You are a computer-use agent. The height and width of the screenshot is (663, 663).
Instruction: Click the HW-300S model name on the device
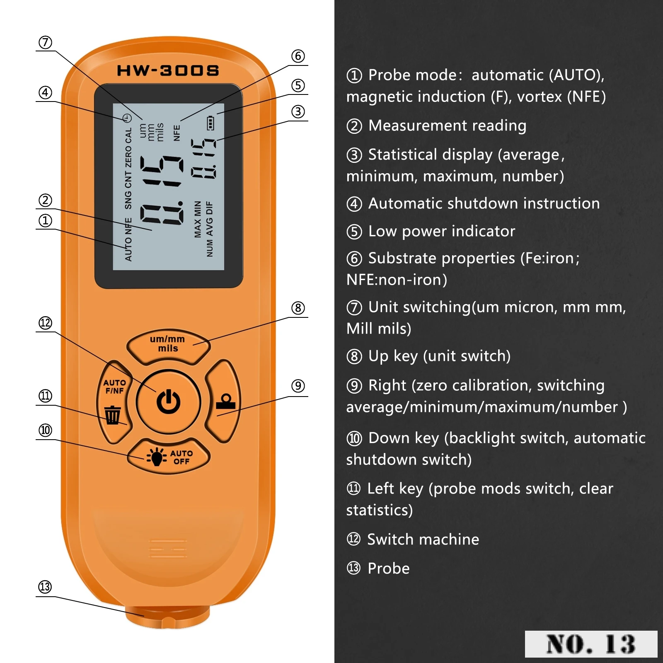tap(168, 70)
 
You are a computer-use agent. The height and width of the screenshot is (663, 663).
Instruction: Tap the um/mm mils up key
tap(168, 344)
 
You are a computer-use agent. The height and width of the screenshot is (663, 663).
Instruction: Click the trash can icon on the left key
tap(112, 415)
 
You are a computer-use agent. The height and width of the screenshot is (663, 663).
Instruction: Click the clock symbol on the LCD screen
tap(127, 118)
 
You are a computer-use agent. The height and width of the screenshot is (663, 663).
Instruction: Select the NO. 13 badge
tap(590, 644)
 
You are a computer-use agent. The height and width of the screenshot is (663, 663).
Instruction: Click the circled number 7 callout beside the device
tap(45, 42)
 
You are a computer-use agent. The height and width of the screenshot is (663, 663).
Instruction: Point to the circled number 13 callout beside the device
tap(45, 587)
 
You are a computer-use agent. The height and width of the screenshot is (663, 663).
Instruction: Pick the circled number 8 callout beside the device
tap(298, 308)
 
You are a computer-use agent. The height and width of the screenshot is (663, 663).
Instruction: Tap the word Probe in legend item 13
tap(388, 569)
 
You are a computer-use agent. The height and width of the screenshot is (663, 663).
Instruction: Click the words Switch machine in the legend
tap(423, 540)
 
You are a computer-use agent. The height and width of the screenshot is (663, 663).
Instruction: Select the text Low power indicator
tap(441, 231)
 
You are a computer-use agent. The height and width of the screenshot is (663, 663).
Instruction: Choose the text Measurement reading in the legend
tap(447, 126)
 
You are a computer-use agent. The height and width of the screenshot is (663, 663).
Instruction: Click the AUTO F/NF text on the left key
tap(114, 386)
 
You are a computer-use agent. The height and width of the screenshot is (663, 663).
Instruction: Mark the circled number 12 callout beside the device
tap(45, 323)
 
